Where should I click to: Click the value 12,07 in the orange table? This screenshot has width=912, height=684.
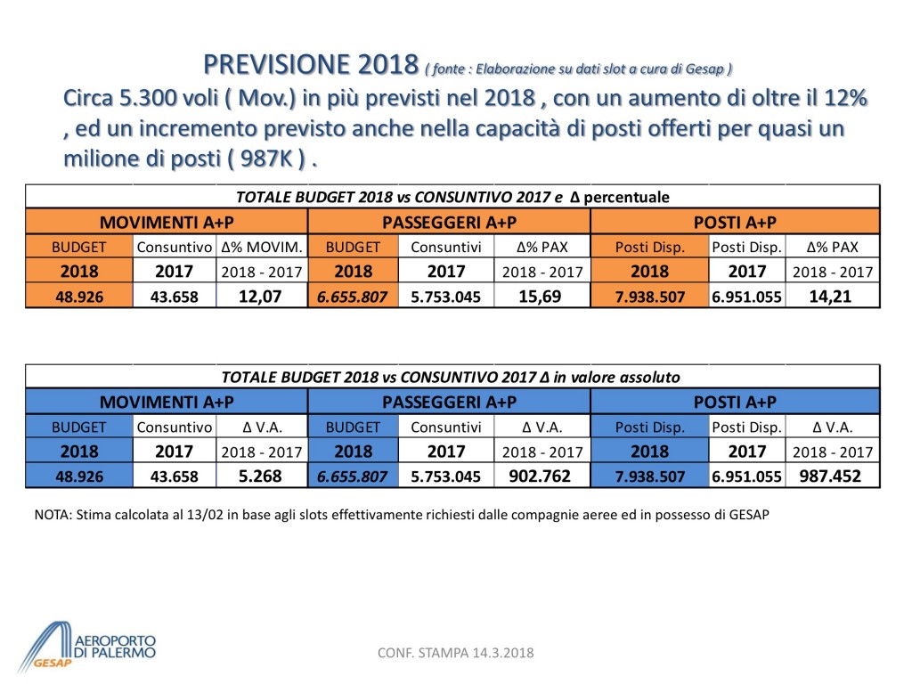point(261,297)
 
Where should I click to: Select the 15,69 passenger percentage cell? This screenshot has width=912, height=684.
point(541,297)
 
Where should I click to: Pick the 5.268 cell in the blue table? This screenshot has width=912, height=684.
point(261,476)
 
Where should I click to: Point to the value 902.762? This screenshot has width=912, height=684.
point(541,476)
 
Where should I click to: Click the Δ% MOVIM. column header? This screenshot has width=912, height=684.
point(261,247)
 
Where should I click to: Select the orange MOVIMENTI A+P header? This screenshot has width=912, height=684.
point(167,221)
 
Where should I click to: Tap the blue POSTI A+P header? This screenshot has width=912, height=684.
point(735,401)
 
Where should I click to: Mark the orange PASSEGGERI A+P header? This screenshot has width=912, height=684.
point(449,221)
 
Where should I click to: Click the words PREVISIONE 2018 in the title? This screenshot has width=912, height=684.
point(311,65)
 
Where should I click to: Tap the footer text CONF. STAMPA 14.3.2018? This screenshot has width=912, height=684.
point(456,654)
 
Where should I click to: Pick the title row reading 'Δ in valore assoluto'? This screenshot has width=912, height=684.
point(451,377)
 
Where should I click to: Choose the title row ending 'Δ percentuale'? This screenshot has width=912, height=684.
point(452,197)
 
